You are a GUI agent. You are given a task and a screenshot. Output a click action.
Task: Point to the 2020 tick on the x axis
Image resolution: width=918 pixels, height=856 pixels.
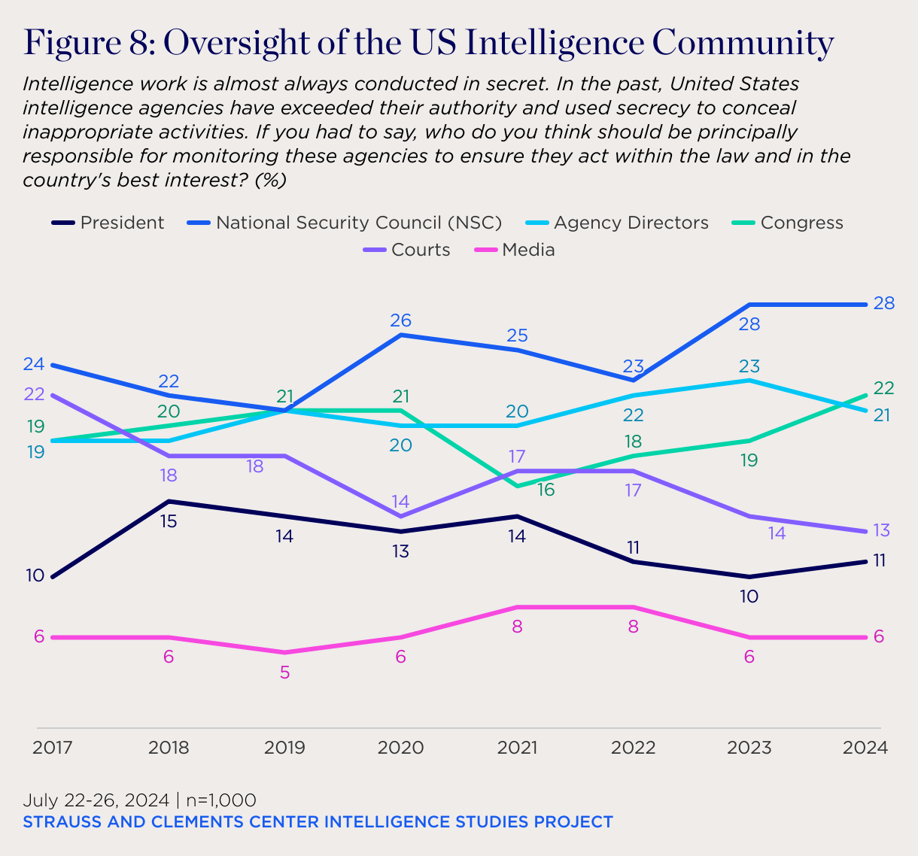(400, 748)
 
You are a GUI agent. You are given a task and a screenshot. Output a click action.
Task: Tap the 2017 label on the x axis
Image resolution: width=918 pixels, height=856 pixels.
(53, 748)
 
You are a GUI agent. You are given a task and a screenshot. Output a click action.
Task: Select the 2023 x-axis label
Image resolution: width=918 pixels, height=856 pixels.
(749, 748)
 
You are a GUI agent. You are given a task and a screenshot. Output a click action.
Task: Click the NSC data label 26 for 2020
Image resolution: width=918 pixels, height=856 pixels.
(400, 320)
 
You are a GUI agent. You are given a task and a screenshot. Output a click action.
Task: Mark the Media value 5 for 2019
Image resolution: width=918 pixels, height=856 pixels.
(284, 672)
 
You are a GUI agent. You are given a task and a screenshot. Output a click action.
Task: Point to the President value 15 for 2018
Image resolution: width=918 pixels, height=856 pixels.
(169, 521)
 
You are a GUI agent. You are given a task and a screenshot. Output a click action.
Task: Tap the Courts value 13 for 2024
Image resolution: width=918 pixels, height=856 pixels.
(882, 530)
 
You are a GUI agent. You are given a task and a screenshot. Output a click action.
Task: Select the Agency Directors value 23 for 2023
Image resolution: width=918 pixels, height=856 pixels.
(749, 366)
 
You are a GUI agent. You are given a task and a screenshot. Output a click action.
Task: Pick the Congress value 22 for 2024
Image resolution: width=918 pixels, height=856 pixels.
(883, 388)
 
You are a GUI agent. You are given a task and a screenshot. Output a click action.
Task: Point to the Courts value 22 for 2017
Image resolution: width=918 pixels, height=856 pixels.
(35, 394)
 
